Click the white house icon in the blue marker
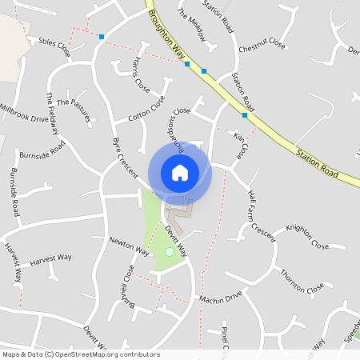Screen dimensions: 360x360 click(180, 172)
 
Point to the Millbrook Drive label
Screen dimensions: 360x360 click(24, 112)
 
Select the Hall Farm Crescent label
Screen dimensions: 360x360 click(262, 215)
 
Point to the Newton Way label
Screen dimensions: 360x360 click(130, 246)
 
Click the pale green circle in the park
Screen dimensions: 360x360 click(169, 252)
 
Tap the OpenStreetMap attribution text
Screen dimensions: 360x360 click(80, 354)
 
